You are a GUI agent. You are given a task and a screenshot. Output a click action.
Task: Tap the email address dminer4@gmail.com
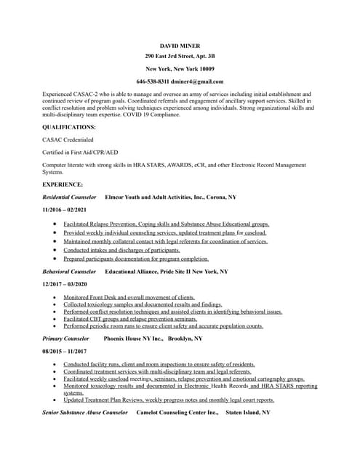(x=199, y=81)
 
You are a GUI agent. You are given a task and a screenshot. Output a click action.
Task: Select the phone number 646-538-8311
(x=153, y=81)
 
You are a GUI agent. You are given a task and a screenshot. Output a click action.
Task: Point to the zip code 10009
(x=201, y=68)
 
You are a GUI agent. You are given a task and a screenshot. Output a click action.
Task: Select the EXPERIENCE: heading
(x=63, y=185)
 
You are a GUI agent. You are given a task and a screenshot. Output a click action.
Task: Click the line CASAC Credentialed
(x=68, y=139)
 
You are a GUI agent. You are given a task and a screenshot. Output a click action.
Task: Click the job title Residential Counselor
(x=69, y=197)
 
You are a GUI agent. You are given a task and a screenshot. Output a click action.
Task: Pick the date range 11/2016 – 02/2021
(x=65, y=210)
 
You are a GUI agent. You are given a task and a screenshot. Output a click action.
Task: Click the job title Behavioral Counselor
(x=69, y=271)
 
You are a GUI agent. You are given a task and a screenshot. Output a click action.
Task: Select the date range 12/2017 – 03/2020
(x=65, y=284)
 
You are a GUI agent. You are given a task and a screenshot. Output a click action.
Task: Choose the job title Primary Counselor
(x=65, y=339)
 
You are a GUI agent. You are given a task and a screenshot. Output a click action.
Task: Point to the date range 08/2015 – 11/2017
(x=65, y=351)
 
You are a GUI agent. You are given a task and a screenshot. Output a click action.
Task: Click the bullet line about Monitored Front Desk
(x=129, y=297)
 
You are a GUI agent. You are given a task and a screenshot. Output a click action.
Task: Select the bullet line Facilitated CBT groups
(x=130, y=319)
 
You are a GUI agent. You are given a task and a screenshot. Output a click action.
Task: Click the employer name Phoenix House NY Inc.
(x=132, y=339)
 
